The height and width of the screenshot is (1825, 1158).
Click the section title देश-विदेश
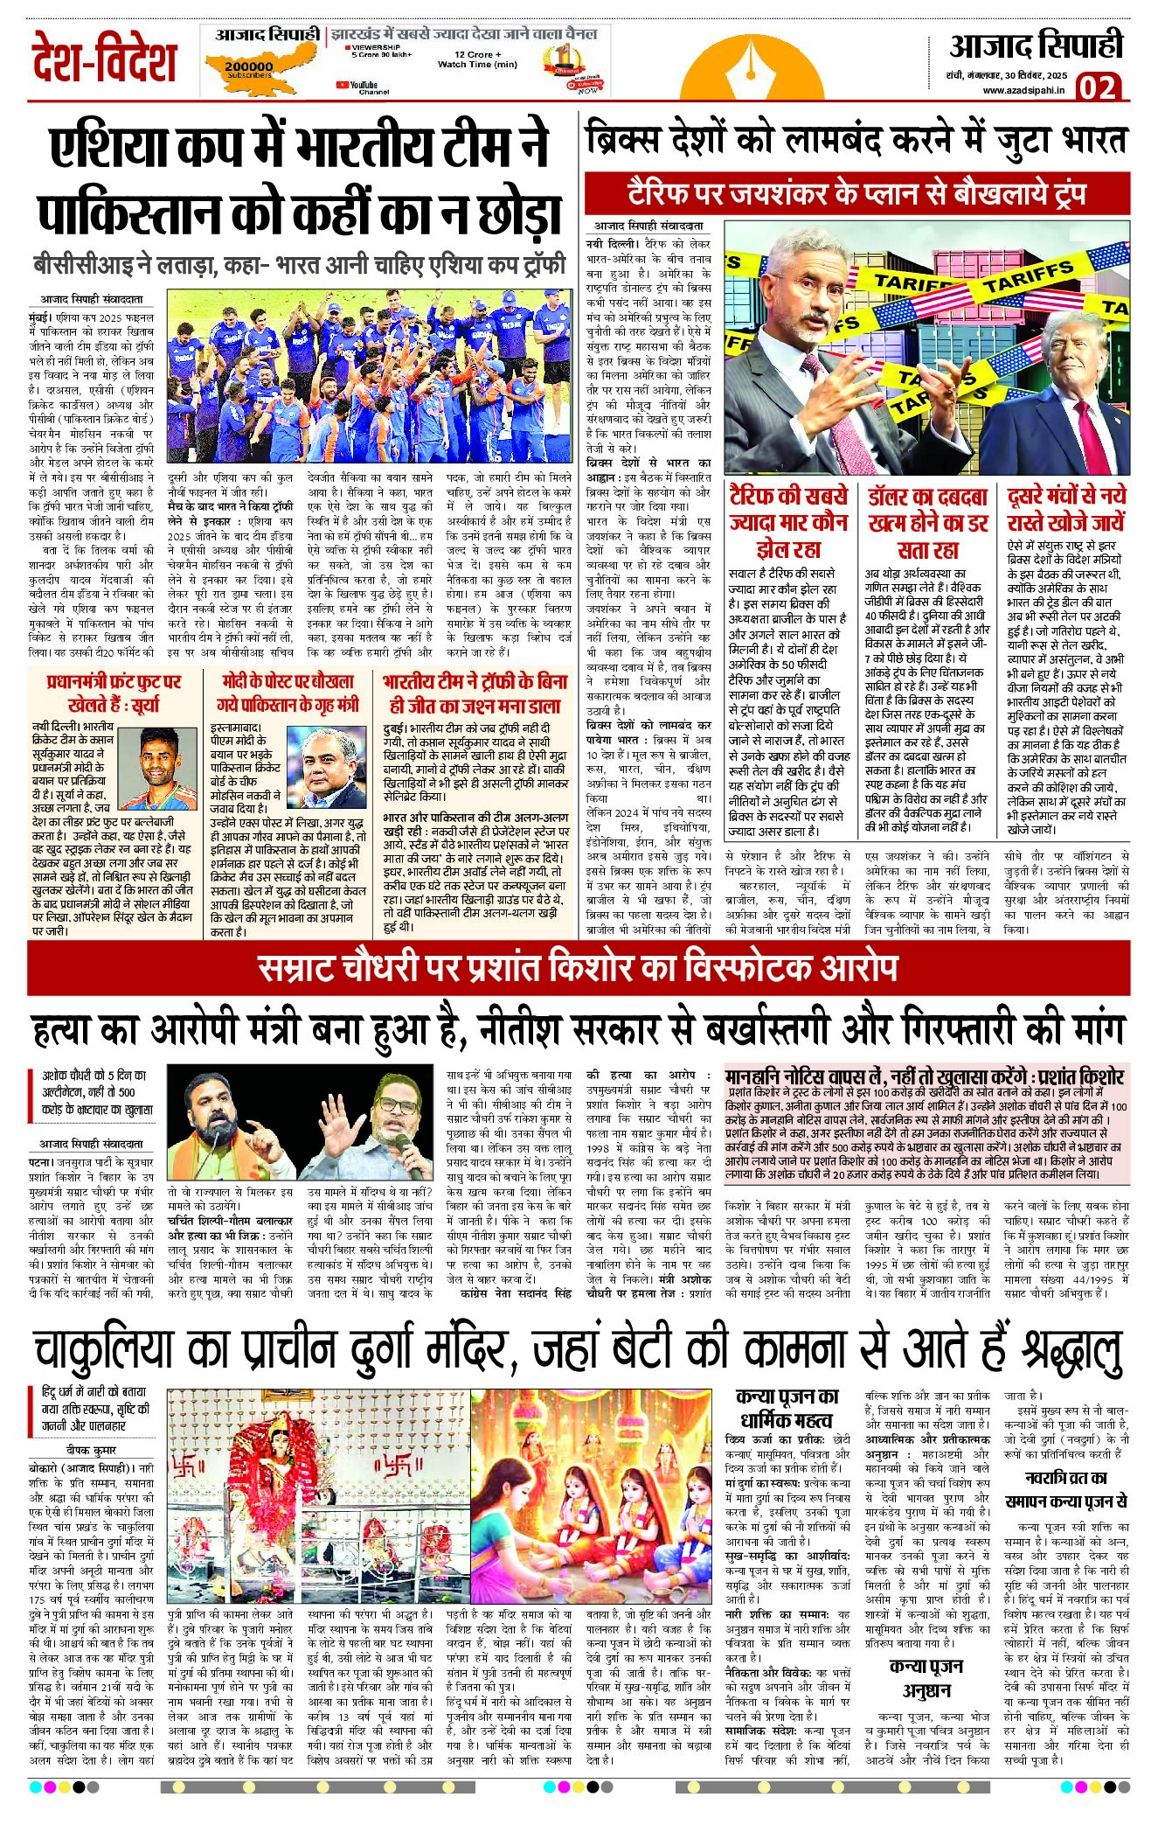[104, 59]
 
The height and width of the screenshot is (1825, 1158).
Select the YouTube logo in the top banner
[342, 85]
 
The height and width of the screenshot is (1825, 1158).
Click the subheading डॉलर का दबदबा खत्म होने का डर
[928, 522]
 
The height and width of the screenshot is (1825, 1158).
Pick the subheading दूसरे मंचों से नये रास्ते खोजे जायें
[1065, 509]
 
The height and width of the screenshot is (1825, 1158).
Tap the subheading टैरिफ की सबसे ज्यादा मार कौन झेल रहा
[788, 522]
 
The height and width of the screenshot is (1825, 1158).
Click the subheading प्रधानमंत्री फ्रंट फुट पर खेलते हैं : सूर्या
[114, 692]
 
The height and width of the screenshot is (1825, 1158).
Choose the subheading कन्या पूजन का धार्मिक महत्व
[787, 1407]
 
